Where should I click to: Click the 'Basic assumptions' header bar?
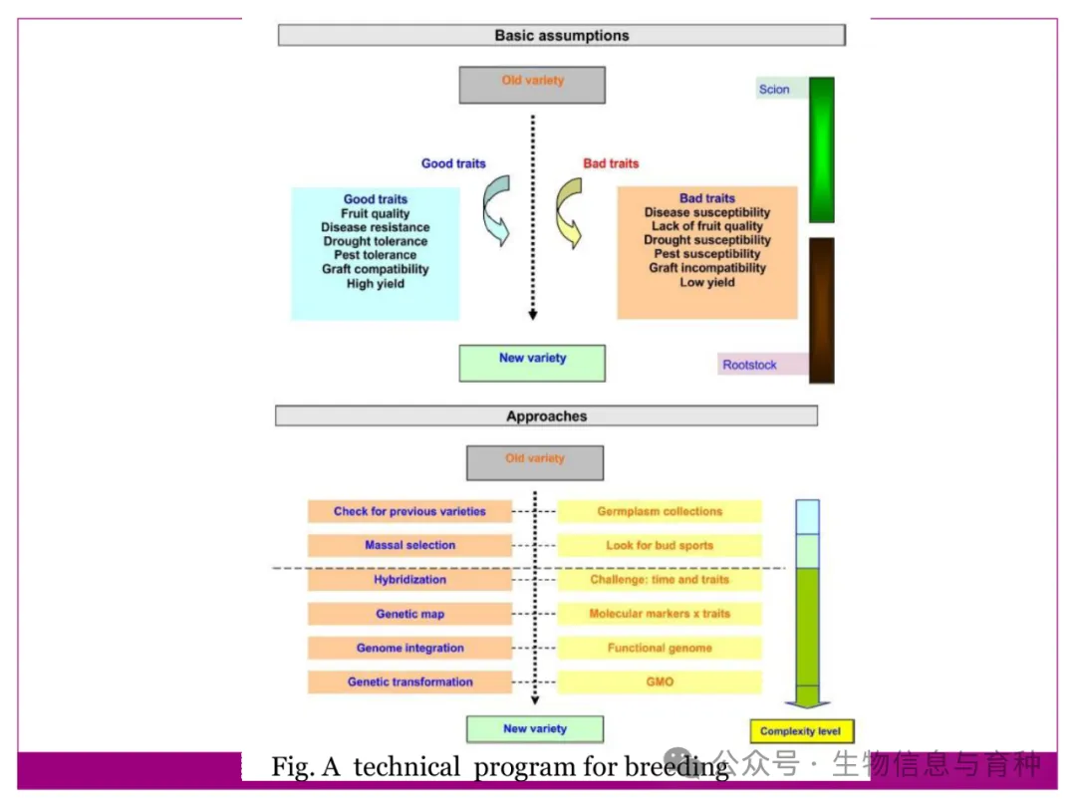click(561, 36)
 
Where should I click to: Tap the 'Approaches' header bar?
click(546, 416)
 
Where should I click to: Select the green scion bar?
click(821, 149)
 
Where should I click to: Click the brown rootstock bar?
click(821, 310)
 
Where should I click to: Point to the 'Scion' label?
click(774, 90)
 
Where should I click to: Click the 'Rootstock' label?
click(750, 365)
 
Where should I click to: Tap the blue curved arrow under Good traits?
click(495, 210)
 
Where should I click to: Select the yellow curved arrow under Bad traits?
click(569, 210)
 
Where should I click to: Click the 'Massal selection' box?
click(409, 546)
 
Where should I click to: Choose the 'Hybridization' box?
click(409, 580)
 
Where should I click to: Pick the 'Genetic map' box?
click(409, 614)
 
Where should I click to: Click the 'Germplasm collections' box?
click(660, 512)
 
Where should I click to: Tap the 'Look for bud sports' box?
click(660, 546)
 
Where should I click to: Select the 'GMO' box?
click(660, 682)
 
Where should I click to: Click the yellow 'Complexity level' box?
click(800, 731)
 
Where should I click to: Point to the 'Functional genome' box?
click(660, 649)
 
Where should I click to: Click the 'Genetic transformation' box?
click(409, 682)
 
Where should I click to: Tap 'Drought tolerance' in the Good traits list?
click(376, 241)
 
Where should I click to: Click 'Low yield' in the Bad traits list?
click(707, 282)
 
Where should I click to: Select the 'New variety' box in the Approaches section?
click(535, 729)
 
